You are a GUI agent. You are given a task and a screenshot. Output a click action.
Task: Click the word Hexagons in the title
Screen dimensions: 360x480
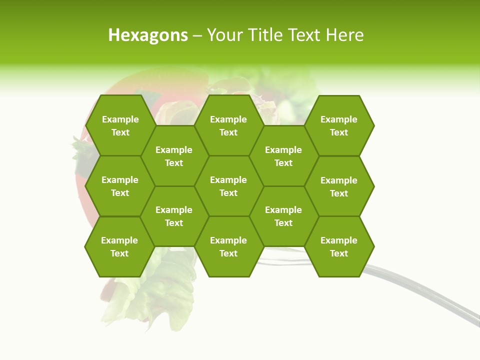click(148, 35)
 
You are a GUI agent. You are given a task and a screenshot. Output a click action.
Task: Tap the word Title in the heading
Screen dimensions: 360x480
click(274, 35)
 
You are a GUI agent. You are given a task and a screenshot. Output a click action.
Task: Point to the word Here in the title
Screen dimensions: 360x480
click(345, 35)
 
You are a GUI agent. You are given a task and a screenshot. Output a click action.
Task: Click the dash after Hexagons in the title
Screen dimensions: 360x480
click(197, 35)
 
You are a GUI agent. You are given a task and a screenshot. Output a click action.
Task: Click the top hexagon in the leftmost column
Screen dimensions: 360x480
click(120, 125)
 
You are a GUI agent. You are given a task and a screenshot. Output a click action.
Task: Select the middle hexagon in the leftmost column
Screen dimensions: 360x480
click(120, 186)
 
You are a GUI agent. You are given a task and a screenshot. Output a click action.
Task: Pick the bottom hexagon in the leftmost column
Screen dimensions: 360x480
click(119, 246)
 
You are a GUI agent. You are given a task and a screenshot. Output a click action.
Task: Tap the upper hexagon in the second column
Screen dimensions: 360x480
click(174, 156)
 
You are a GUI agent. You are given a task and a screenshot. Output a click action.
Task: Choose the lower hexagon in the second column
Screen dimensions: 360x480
click(174, 216)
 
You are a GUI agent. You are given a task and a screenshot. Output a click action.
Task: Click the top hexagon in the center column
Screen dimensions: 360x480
click(228, 125)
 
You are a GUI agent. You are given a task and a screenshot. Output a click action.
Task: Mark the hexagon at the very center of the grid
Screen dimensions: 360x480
click(228, 186)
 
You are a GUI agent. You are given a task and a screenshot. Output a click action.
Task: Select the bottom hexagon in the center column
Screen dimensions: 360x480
click(228, 246)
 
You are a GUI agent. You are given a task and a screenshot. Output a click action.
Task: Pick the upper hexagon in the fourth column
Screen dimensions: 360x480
click(283, 156)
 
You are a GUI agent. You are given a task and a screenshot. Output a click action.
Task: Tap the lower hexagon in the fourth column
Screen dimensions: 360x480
click(283, 216)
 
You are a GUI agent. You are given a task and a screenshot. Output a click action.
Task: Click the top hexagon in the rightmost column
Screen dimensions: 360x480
click(339, 125)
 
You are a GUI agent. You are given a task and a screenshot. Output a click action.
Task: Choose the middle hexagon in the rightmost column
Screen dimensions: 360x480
click(339, 186)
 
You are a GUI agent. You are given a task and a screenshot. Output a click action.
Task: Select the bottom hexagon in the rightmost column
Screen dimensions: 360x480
click(339, 246)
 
